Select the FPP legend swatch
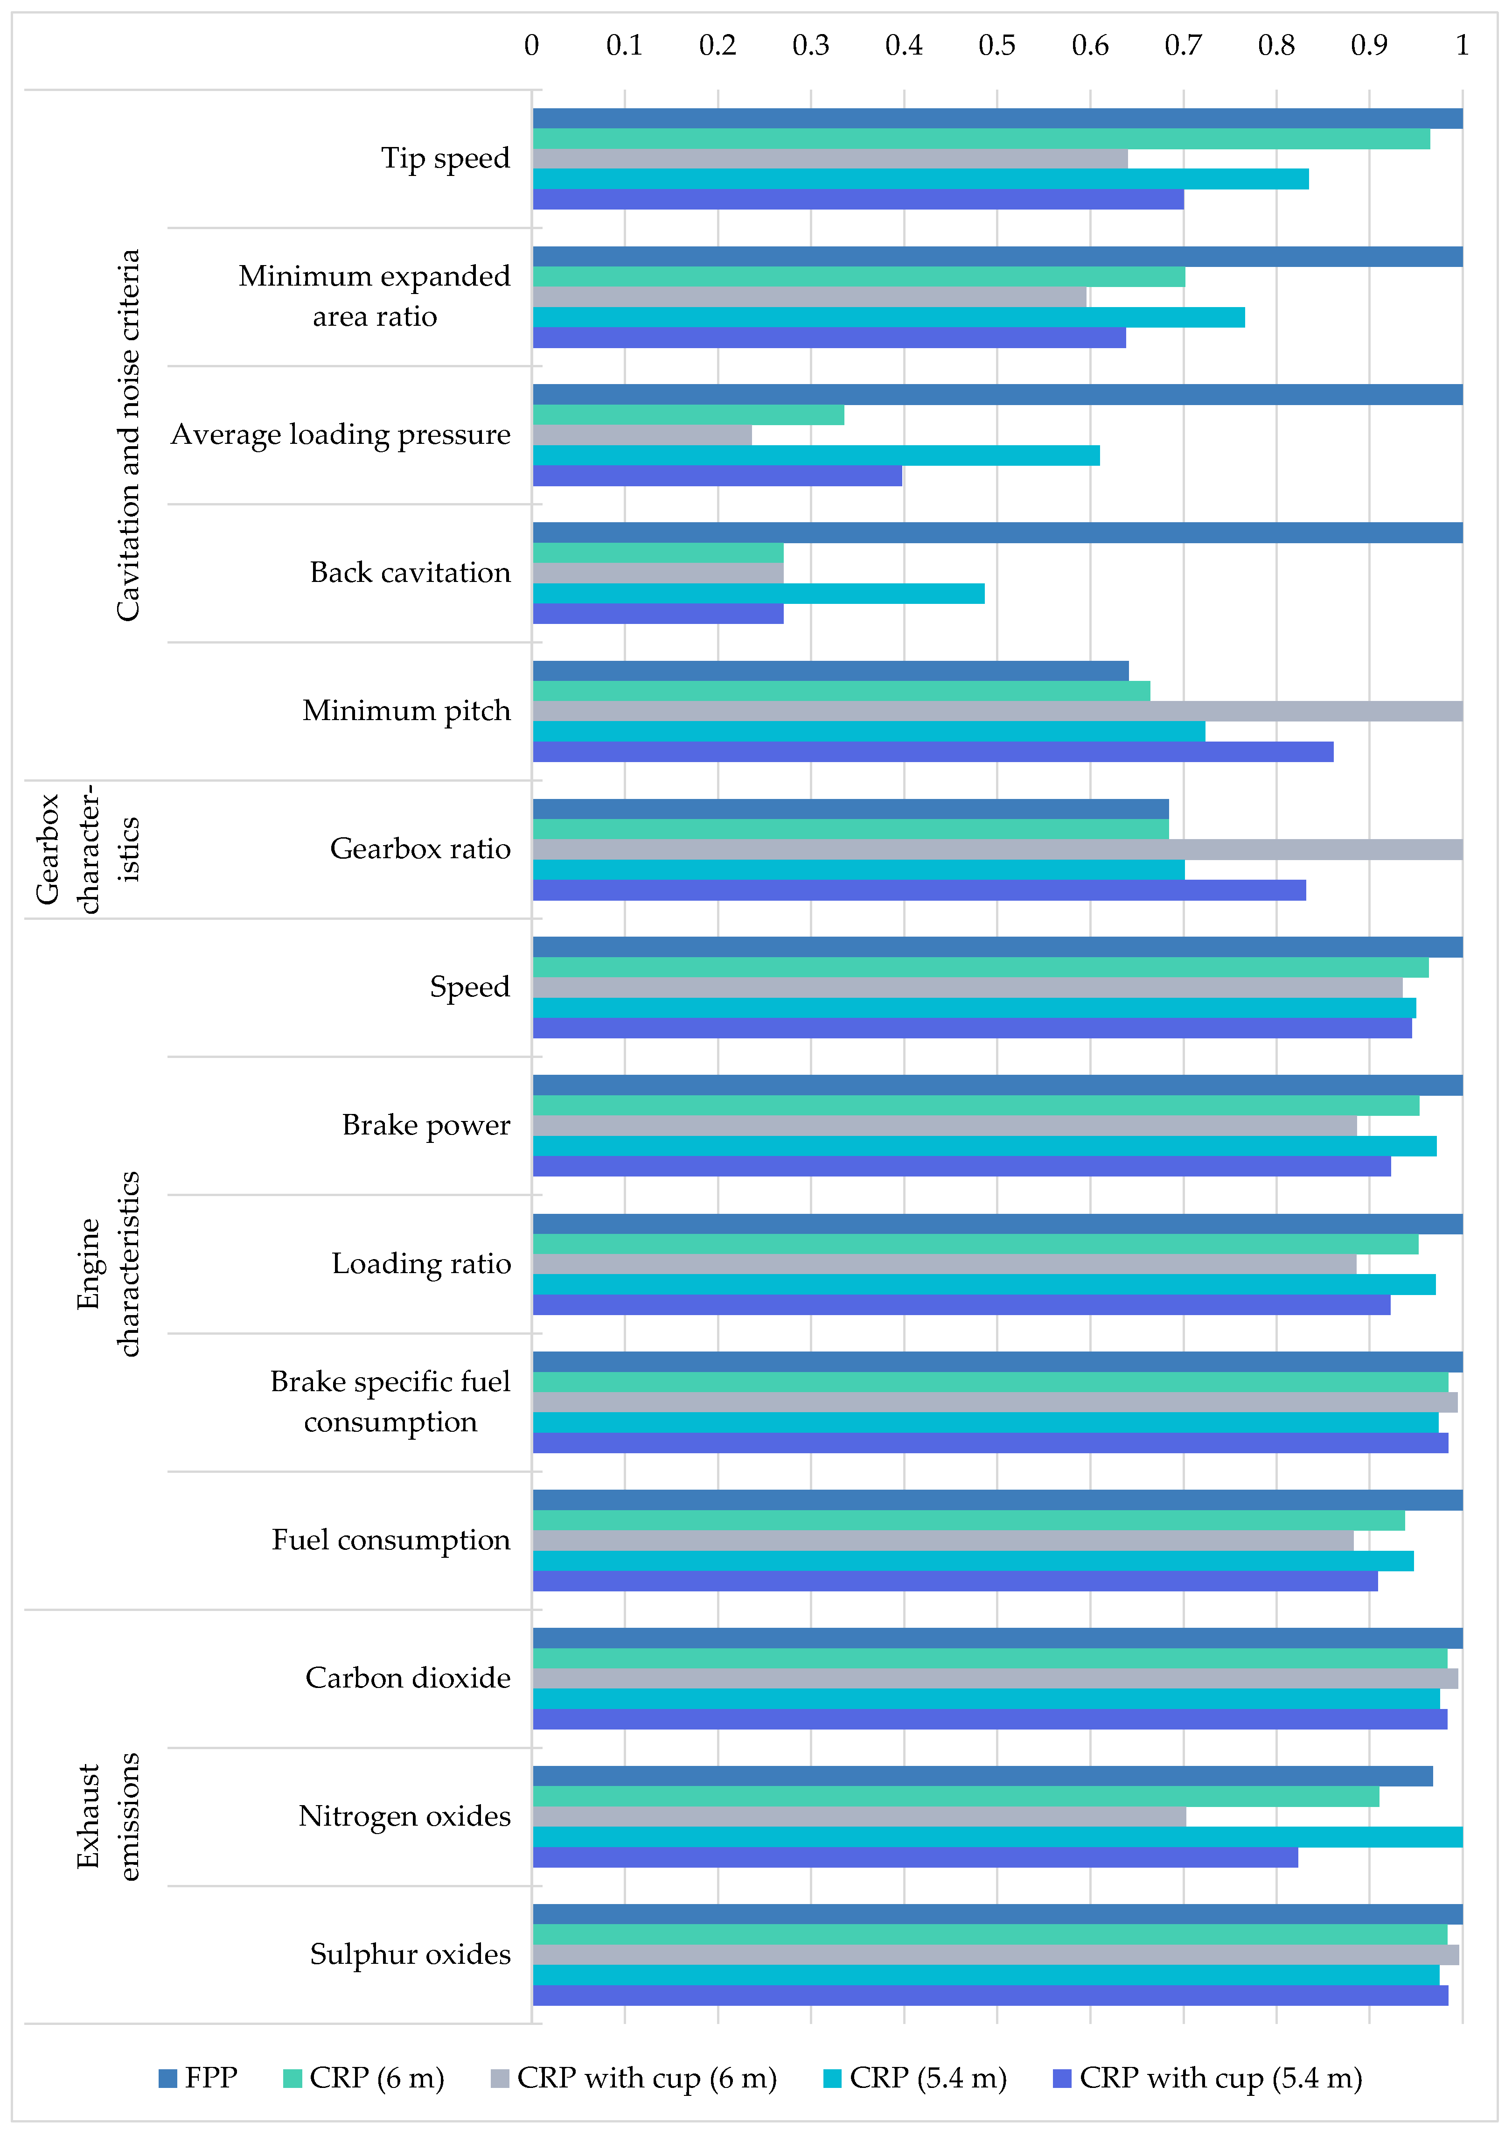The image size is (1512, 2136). [x=167, y=2077]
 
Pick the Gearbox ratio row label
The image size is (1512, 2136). [x=420, y=849]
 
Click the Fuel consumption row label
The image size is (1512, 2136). [x=391, y=1540]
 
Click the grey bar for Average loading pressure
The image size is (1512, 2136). [x=642, y=435]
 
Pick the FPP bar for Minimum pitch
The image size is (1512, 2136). [x=830, y=671]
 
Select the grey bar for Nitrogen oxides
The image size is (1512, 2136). [x=858, y=1817]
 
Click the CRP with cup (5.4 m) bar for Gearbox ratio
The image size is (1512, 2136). [x=919, y=890]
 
